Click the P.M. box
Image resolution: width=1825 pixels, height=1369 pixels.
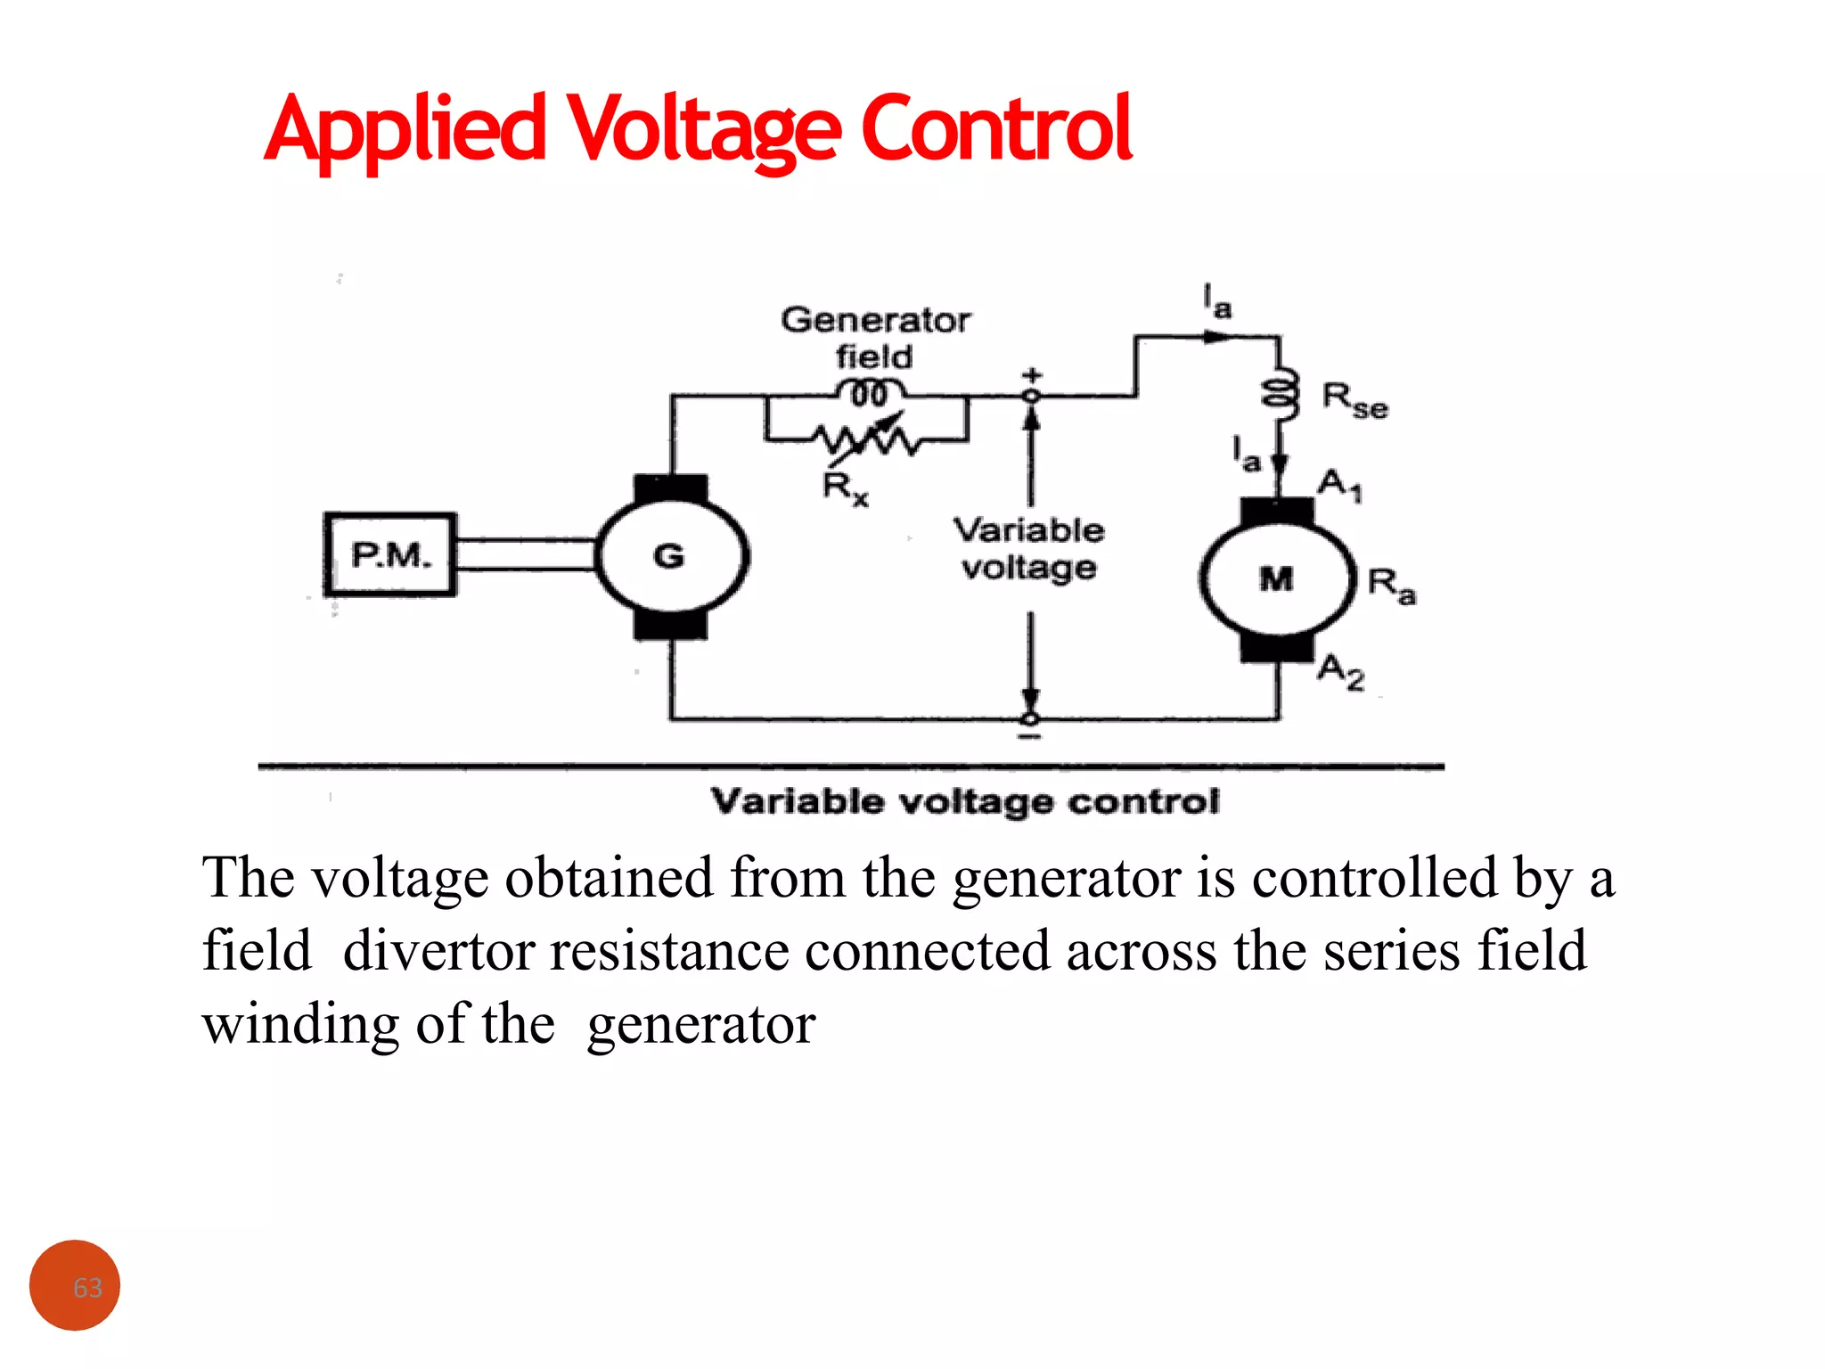click(390, 554)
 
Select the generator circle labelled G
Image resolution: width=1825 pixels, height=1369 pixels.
click(671, 556)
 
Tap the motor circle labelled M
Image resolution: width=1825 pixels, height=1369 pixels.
click(1276, 579)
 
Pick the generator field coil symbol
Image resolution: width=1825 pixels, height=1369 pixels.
click(870, 392)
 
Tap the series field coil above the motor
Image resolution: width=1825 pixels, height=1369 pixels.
click(1280, 392)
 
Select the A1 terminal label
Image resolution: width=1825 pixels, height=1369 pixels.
click(1339, 486)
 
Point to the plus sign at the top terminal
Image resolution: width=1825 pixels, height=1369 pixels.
click(1032, 374)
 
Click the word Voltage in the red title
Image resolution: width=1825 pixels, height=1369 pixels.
click(704, 130)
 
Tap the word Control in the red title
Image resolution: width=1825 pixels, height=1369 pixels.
click(996, 128)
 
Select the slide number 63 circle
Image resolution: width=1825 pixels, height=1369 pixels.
click(75, 1285)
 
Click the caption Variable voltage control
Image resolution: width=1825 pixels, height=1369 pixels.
click(964, 801)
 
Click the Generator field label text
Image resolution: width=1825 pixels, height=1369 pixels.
click(875, 338)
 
